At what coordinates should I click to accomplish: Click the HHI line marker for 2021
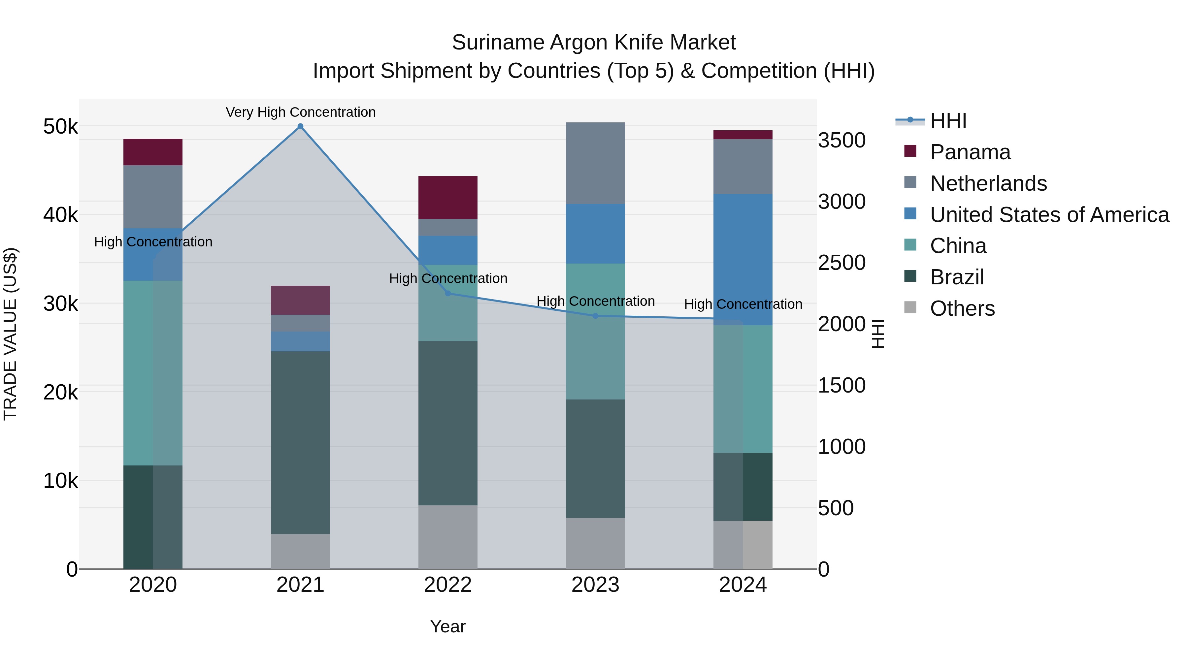coord(300,126)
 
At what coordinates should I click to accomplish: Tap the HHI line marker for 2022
coord(447,293)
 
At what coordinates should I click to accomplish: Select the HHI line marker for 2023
coord(595,316)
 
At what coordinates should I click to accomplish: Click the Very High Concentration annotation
coord(300,112)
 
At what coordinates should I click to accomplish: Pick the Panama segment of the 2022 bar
coord(447,197)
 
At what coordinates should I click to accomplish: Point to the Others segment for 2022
coord(447,537)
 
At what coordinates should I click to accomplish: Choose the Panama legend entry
coord(970,152)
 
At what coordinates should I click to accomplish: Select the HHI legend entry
coord(948,121)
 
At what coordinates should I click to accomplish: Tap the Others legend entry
coord(962,308)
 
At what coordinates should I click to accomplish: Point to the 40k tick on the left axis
coord(60,215)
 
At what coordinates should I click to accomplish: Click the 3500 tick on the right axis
coord(841,140)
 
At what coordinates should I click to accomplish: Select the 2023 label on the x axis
coord(595,585)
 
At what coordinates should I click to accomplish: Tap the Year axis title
coord(447,626)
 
